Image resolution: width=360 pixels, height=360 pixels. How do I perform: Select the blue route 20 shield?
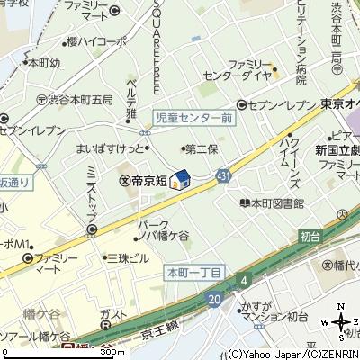pos(212,297)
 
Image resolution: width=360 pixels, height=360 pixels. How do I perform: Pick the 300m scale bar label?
pos(114,352)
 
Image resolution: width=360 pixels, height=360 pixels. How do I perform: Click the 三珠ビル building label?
pos(128,257)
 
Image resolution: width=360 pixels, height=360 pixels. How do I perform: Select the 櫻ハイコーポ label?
pos(97,43)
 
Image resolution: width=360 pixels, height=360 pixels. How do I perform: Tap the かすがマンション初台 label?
pos(273,310)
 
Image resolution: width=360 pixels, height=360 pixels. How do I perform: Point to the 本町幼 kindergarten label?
pos(42,64)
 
